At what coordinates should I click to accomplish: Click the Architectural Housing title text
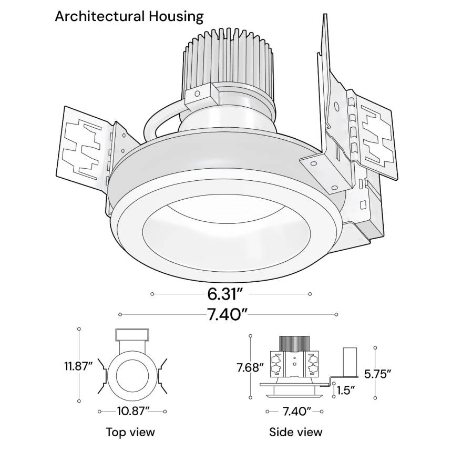tap(129, 16)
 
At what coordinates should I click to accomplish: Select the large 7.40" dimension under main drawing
tap(227, 315)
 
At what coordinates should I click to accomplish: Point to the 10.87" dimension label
tap(131, 410)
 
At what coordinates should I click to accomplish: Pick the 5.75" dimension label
tap(378, 374)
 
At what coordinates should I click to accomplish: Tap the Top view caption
tap(130, 432)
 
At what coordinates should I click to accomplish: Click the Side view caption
tap(295, 432)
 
